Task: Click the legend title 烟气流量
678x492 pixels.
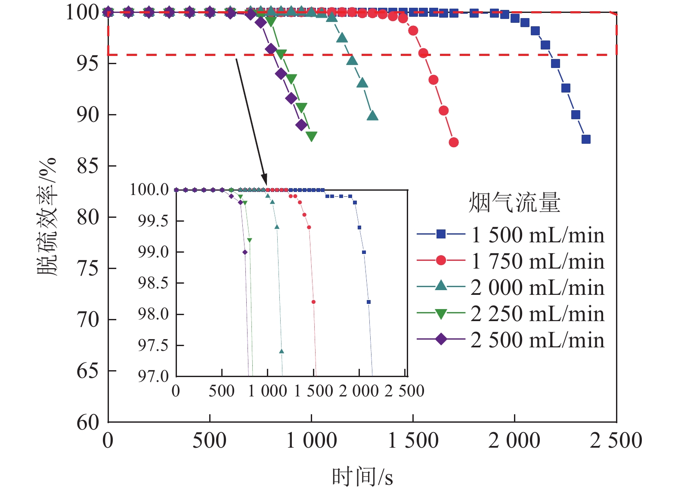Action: tap(514, 202)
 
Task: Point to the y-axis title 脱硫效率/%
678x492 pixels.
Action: tap(46, 217)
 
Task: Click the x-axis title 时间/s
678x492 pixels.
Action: tap(362, 477)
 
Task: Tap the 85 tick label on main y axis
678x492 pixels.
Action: tap(88, 166)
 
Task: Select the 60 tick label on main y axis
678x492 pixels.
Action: tap(88, 422)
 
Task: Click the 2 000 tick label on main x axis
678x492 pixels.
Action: tap(514, 440)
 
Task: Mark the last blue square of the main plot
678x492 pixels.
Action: tap(586, 139)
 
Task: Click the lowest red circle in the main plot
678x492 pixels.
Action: tap(453, 142)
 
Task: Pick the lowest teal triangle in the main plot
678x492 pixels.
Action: tap(373, 116)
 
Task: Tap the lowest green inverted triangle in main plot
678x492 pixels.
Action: tap(311, 136)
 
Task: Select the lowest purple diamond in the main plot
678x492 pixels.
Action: tap(301, 125)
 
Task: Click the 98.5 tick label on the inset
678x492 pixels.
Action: tap(153, 283)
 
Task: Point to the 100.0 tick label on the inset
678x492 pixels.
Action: tap(149, 189)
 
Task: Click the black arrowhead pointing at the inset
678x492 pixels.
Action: tap(264, 179)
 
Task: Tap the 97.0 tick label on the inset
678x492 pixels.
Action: tap(153, 376)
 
